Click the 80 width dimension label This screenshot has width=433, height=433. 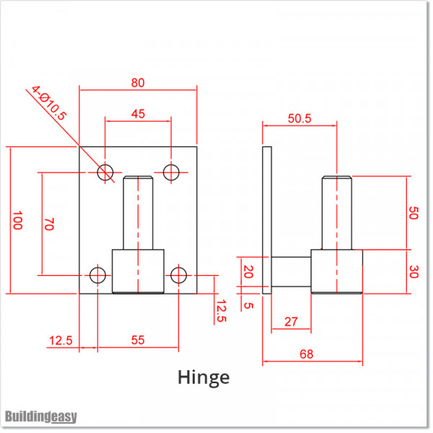138,82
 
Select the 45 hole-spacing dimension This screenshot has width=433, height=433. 138,114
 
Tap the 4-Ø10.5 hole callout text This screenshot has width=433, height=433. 49,103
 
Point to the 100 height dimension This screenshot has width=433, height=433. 17,220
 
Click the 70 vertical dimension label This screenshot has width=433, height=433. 49,224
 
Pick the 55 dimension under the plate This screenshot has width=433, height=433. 138,340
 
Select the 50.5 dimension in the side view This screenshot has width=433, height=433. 299,118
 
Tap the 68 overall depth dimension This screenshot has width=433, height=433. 307,354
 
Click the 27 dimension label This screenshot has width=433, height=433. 291,322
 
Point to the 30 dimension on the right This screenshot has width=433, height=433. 414,272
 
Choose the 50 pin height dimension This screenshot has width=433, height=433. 414,213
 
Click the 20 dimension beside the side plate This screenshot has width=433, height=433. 248,271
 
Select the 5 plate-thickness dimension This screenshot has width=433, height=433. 248,305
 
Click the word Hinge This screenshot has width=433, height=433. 204,377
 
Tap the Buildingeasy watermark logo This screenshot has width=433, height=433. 41,416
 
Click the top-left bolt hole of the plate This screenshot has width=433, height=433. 105,172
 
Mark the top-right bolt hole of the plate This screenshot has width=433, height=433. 171,172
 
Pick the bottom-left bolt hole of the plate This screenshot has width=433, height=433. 97,276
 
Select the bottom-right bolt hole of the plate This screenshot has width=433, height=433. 178,276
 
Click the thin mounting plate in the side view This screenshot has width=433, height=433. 267,220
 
